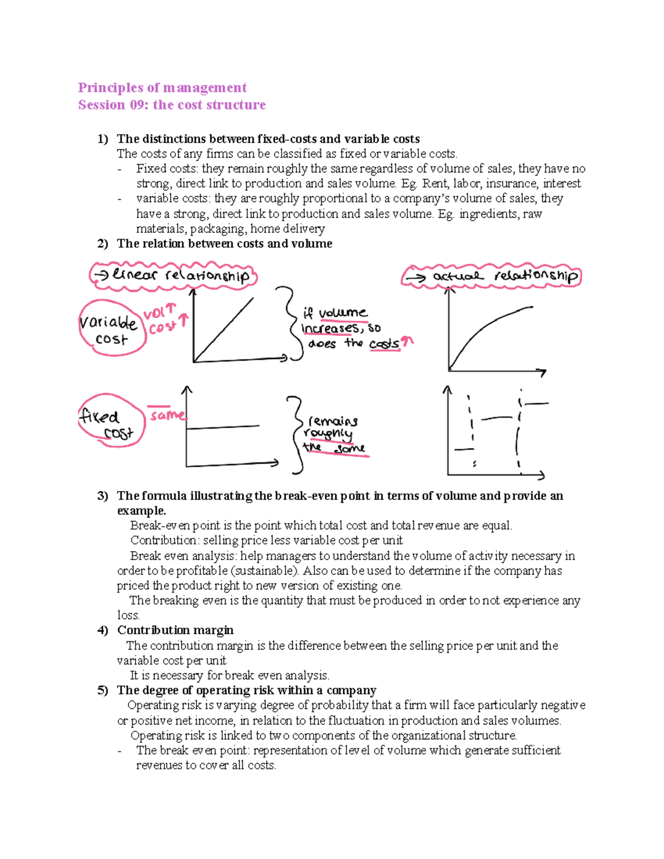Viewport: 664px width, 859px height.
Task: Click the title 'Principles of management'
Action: pos(162,87)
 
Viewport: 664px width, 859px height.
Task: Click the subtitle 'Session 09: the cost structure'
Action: pos(172,105)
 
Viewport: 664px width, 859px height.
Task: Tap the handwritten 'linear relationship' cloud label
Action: pos(174,275)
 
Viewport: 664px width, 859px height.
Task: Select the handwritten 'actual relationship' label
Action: pos(491,276)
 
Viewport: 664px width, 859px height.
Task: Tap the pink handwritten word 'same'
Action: pos(167,415)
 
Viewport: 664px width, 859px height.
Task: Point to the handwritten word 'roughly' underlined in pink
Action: pos(328,434)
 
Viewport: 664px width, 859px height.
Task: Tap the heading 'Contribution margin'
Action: pos(175,630)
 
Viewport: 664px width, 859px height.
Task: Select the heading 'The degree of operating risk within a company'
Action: pos(246,690)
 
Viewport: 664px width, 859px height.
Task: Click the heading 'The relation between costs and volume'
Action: pos(224,244)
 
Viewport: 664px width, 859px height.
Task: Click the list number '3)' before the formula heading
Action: pos(102,496)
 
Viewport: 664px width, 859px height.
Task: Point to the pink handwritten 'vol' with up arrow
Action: pos(159,313)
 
